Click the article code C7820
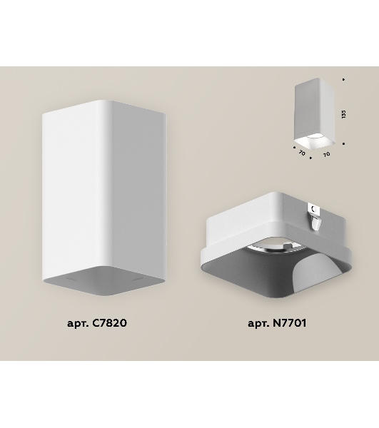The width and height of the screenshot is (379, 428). [x=110, y=323]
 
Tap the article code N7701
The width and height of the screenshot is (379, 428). [x=290, y=323]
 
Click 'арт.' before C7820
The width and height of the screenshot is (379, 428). [x=78, y=324]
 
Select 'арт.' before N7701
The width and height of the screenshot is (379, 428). [x=258, y=324]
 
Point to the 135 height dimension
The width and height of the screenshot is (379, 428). [x=343, y=114]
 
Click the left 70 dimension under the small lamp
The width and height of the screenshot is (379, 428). [x=302, y=153]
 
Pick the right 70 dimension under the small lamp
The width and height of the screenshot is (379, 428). [x=326, y=155]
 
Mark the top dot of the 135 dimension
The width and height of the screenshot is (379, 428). [x=343, y=79]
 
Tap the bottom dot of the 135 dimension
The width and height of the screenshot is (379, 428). [x=343, y=143]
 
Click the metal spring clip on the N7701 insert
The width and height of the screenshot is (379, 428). [x=315, y=218]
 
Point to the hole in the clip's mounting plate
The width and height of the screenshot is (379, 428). [x=314, y=209]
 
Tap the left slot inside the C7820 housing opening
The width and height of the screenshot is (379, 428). [x=72, y=280]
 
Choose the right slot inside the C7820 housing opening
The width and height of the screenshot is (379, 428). [x=138, y=279]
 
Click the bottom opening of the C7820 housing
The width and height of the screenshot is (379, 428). [x=104, y=280]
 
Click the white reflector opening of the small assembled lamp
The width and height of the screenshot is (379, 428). [x=315, y=142]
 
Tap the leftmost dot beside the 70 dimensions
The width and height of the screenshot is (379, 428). [x=294, y=148]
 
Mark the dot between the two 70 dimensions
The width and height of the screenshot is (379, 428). [x=310, y=158]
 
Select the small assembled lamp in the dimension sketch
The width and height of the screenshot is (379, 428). [x=315, y=114]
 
